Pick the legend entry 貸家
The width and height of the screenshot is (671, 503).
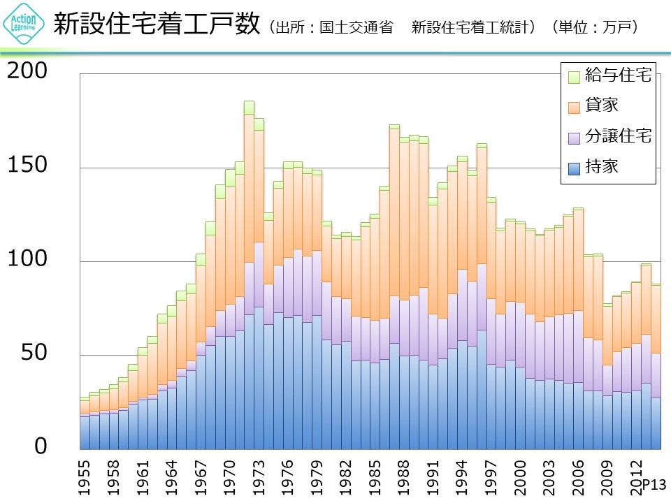[601, 106]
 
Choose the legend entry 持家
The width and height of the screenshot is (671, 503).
[601, 166]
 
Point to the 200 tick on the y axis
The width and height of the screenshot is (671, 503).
[27, 71]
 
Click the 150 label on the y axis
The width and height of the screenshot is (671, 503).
[27, 166]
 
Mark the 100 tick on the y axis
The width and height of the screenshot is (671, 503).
[27, 259]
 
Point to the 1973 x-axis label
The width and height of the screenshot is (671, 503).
[259, 477]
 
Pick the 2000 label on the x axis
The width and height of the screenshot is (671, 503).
[520, 477]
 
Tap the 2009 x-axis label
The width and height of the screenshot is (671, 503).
[607, 477]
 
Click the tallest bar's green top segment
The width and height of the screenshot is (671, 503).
[249, 108]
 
